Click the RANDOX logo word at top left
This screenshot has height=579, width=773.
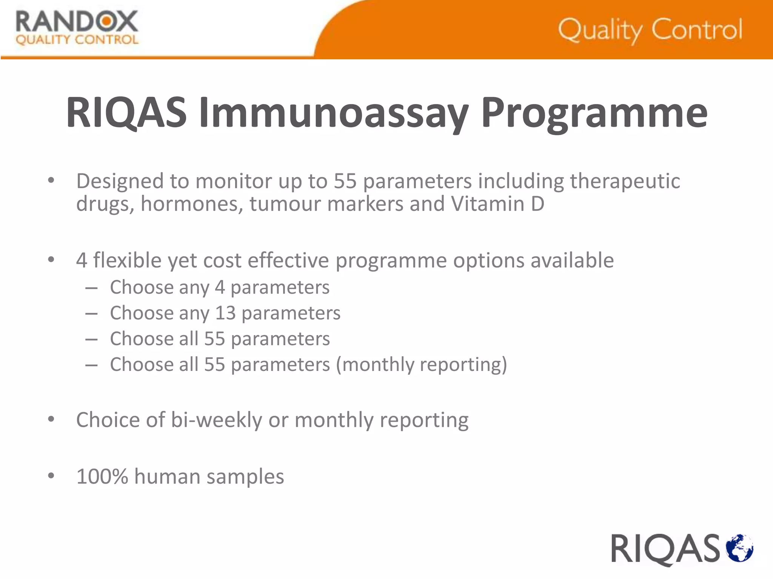tap(77, 21)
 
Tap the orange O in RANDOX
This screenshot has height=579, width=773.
tap(106, 21)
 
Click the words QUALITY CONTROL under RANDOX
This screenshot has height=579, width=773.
tap(77, 40)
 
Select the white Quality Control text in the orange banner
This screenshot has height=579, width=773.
tap(650, 30)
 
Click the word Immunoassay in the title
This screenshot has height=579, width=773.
tap(334, 113)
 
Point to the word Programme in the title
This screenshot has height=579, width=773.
tap(594, 113)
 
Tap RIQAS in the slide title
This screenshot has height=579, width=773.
tap(126, 113)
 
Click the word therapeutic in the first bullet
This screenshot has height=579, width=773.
tap(625, 181)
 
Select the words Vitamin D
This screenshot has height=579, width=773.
tap(497, 204)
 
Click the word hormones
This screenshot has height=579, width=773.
tap(192, 204)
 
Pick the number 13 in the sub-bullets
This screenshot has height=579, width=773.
tap(225, 313)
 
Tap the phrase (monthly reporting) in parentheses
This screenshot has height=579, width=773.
tap(421, 365)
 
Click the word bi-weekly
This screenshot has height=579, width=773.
tap(216, 420)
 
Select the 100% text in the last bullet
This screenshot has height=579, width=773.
tap(102, 476)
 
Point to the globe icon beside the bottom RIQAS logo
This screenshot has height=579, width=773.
tap(739, 548)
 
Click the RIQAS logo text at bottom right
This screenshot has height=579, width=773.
tap(665, 549)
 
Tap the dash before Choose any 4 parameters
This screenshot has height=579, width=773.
tap(91, 288)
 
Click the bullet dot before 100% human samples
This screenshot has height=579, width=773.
tap(51, 476)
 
